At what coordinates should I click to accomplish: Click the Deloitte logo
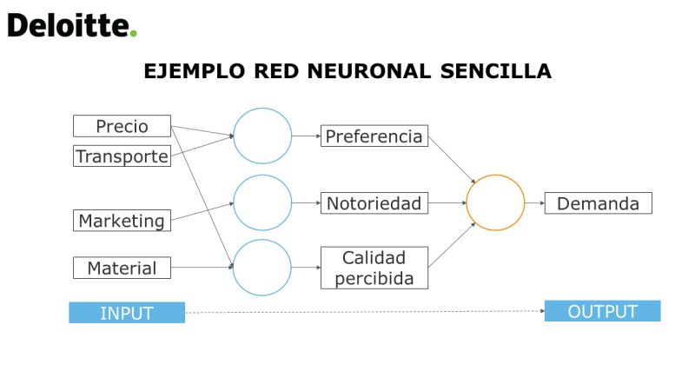click(72, 25)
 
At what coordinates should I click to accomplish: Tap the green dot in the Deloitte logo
click(134, 33)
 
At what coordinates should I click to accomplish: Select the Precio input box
click(122, 126)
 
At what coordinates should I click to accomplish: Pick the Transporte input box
click(122, 156)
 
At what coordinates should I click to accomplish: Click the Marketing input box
click(122, 221)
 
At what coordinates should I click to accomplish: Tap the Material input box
click(122, 268)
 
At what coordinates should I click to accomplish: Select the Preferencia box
click(374, 136)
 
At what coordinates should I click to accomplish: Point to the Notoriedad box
click(374, 203)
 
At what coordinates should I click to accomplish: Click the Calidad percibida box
click(374, 268)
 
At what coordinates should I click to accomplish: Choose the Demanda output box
click(598, 203)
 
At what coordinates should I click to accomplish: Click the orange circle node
click(467, 202)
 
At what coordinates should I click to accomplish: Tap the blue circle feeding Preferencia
click(234, 136)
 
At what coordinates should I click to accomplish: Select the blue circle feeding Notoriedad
click(234, 202)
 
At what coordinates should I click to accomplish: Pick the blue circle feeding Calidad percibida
click(233, 268)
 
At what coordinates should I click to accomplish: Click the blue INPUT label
click(127, 313)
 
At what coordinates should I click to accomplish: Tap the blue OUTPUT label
click(602, 311)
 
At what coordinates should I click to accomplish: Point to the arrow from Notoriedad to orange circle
click(447, 203)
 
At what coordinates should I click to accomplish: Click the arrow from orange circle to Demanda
click(534, 203)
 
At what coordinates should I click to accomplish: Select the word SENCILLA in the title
click(496, 71)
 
